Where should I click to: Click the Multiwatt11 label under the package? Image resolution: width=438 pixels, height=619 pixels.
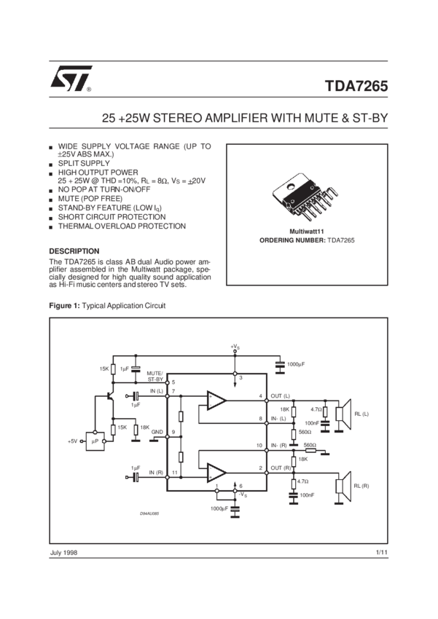pyautogui.click(x=306, y=231)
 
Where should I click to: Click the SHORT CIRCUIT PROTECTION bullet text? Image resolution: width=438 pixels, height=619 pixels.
pyautogui.click(x=112, y=217)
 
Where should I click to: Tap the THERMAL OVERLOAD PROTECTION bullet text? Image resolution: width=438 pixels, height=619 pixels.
pyautogui.click(x=121, y=226)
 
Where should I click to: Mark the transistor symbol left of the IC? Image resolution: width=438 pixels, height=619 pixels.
pyautogui.click(x=108, y=397)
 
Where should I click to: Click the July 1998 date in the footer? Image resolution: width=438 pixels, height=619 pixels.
pyautogui.click(x=64, y=554)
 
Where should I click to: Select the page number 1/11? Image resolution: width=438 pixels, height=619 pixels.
pyautogui.click(x=379, y=554)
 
